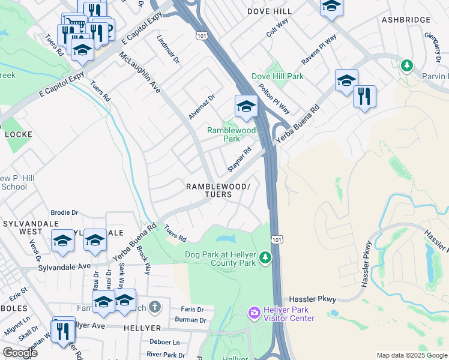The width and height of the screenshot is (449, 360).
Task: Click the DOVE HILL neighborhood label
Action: click(x=270, y=11)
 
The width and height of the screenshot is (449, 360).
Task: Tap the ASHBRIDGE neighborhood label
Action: click(x=406, y=20)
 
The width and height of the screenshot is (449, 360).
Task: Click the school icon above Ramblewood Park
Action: click(x=246, y=107)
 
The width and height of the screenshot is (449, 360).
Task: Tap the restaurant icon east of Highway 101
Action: click(x=364, y=96)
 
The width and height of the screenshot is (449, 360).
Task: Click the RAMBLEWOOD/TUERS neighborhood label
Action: click(x=217, y=190)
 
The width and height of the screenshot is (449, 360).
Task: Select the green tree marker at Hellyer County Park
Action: click(x=265, y=258)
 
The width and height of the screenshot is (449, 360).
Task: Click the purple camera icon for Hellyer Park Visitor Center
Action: click(x=254, y=313)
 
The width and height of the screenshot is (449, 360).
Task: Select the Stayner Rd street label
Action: click(x=239, y=160)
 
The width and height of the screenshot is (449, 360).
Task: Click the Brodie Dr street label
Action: click(x=64, y=212)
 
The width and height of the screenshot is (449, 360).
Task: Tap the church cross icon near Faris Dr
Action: click(x=155, y=308)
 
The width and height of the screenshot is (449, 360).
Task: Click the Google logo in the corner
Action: click(x=20, y=353)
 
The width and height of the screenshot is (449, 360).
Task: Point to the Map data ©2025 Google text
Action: click(x=411, y=355)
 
